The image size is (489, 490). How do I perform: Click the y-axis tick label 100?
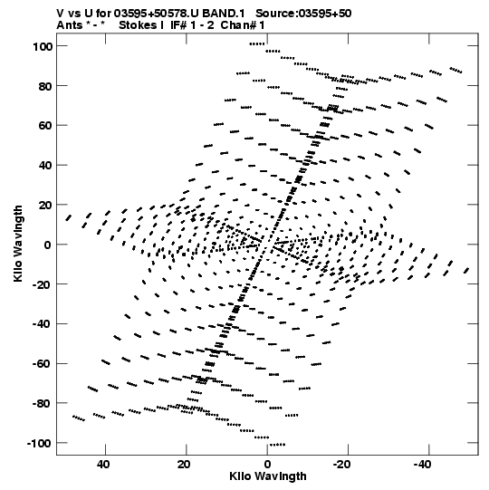tap(43, 46)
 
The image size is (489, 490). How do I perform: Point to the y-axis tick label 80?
tap(45, 86)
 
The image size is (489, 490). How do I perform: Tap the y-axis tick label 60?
tap(45, 126)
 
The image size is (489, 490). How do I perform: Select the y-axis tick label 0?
tap(47, 245)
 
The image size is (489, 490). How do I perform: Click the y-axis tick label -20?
tap(43, 284)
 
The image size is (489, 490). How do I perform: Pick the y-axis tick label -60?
tap(43, 364)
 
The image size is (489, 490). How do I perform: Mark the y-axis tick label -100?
tap(39, 444)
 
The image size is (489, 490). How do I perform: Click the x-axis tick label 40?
tap(103, 465)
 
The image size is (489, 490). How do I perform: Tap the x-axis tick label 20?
tap(184, 465)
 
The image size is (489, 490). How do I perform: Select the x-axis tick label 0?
tap(267, 465)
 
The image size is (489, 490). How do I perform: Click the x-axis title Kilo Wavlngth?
tap(268, 476)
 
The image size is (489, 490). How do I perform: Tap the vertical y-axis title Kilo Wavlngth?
tap(18, 244)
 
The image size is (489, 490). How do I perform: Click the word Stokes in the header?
tap(138, 25)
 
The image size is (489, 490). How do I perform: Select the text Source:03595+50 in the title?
tap(303, 14)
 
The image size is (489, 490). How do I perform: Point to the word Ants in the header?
tap(70, 25)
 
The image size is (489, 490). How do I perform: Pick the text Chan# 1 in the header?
tap(243, 25)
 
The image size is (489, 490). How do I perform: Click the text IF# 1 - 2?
tap(192, 25)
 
